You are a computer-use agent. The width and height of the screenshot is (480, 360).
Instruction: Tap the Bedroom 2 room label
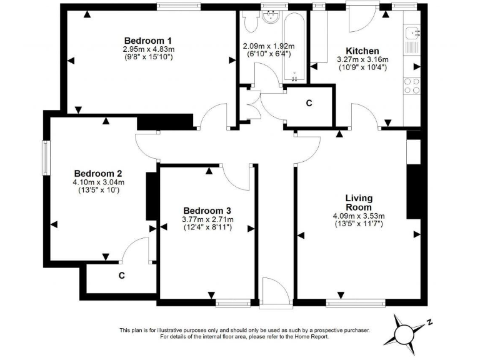pyautogui.click(x=98, y=173)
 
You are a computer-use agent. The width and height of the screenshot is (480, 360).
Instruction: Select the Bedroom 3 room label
pyautogui.click(x=207, y=210)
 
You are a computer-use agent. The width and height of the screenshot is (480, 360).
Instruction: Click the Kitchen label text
pyautogui.click(x=362, y=51)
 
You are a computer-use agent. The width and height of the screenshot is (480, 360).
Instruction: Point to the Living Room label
pyautogui.click(x=359, y=202)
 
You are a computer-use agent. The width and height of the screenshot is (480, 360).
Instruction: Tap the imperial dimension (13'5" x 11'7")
pyautogui.click(x=359, y=223)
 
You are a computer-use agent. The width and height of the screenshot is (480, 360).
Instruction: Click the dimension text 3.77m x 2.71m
pyautogui.click(x=207, y=219)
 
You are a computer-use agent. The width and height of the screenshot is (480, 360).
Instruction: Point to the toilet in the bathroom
pyautogui.click(x=251, y=22)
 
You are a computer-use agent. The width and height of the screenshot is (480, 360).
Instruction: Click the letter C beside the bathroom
pyautogui.click(x=309, y=104)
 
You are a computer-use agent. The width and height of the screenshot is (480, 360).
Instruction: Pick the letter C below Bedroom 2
pyautogui.click(x=121, y=275)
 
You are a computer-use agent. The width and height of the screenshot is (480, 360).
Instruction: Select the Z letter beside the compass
pyautogui.click(x=430, y=322)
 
